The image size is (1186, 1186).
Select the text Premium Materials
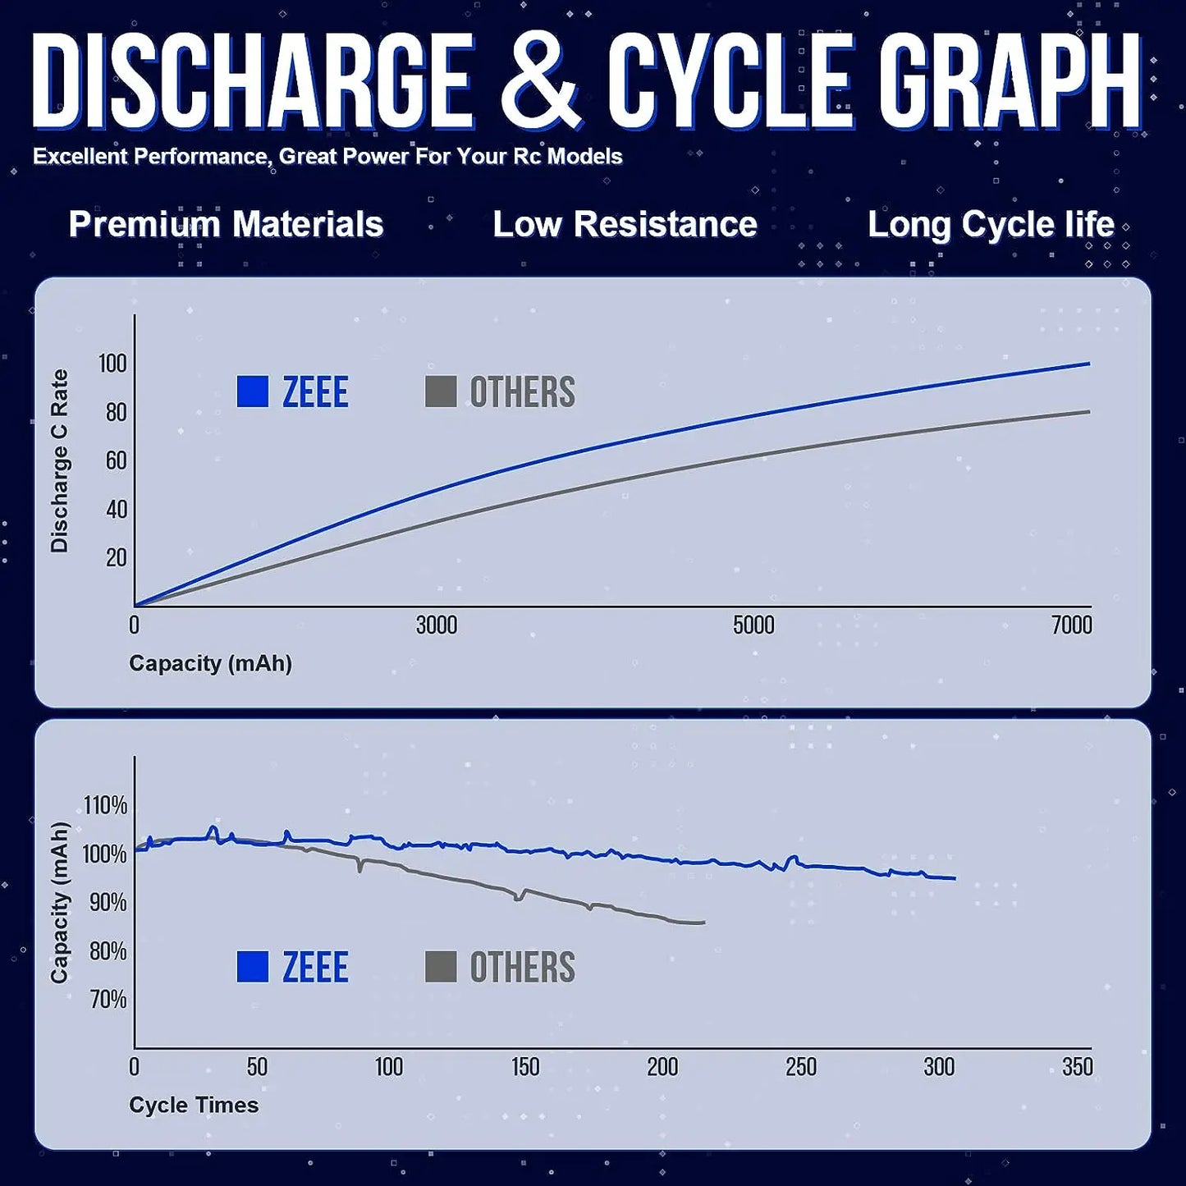[226, 224]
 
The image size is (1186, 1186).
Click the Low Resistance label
[625, 224]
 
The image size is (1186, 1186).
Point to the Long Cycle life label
[991, 224]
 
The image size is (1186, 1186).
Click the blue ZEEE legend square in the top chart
[253, 392]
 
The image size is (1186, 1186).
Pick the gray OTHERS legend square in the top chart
[441, 392]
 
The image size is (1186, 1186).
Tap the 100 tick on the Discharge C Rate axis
[112, 363]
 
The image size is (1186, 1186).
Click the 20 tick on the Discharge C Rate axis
[116, 557]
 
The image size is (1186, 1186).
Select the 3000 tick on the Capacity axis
[436, 625]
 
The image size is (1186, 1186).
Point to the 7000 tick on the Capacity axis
[1071, 625]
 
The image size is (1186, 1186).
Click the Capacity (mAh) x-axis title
[210, 663]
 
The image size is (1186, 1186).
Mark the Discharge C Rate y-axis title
[59, 460]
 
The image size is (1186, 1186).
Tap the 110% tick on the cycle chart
[106, 805]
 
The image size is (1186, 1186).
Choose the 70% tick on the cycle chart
[108, 999]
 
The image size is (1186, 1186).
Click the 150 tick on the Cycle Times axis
[525, 1067]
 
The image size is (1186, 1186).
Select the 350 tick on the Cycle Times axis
[1077, 1067]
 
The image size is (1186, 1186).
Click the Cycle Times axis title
[194, 1105]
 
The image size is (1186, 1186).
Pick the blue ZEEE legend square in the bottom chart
[253, 967]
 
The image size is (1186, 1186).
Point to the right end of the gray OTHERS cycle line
[703, 923]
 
